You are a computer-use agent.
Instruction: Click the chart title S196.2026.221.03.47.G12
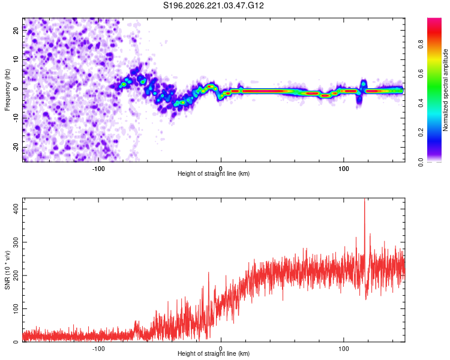213,5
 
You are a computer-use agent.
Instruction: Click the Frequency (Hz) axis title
7,90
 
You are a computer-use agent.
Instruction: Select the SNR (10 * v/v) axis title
7,270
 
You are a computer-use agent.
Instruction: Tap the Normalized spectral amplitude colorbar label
445,90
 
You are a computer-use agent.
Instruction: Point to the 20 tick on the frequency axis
16,30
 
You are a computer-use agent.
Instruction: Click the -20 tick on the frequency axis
16,147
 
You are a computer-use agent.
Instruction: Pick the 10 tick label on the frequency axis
16,59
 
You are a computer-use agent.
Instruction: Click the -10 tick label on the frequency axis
16,118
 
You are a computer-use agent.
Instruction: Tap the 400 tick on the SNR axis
16,209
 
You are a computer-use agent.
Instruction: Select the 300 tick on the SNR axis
16,242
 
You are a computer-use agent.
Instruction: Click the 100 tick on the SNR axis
16,308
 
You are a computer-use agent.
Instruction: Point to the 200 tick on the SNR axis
16,275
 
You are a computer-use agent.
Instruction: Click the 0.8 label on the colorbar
421,44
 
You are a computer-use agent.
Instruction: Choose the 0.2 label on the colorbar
421,133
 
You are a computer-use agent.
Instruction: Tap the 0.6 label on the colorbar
421,73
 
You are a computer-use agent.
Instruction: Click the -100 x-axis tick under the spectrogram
98,169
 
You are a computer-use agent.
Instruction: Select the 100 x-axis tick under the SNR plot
344,349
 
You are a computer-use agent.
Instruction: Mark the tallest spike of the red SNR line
364,199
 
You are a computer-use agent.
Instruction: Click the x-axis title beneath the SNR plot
214,353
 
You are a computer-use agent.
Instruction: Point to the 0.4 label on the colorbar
421,103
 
